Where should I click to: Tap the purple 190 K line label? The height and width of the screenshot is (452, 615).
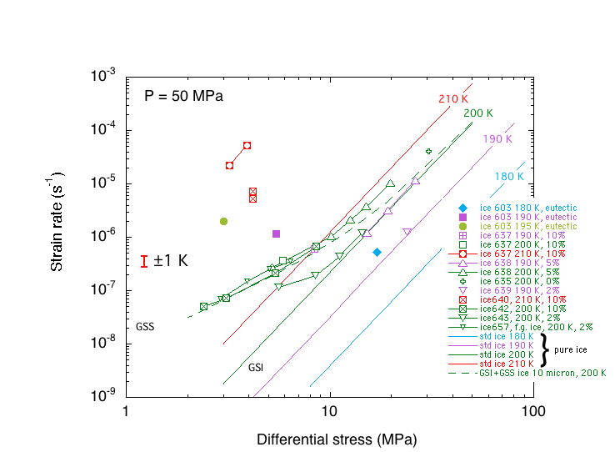pyautogui.click(x=497, y=138)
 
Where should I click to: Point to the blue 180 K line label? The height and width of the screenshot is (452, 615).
pyautogui.click(x=509, y=177)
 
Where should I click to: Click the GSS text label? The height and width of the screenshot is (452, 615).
pyautogui.click(x=145, y=326)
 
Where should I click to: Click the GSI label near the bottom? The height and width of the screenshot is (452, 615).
pyautogui.click(x=256, y=367)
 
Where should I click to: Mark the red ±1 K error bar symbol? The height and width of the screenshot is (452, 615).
pyautogui.click(x=145, y=261)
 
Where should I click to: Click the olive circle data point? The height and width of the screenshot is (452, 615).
pyautogui.click(x=223, y=221)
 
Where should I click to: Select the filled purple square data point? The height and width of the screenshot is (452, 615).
pyautogui.click(x=276, y=234)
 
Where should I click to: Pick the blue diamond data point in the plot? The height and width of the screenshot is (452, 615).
pyautogui.click(x=377, y=252)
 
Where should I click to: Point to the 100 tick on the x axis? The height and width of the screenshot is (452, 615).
pyautogui.click(x=533, y=412)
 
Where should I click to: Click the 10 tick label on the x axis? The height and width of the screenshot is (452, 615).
pyautogui.click(x=329, y=412)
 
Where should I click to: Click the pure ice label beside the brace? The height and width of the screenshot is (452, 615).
pyautogui.click(x=571, y=349)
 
